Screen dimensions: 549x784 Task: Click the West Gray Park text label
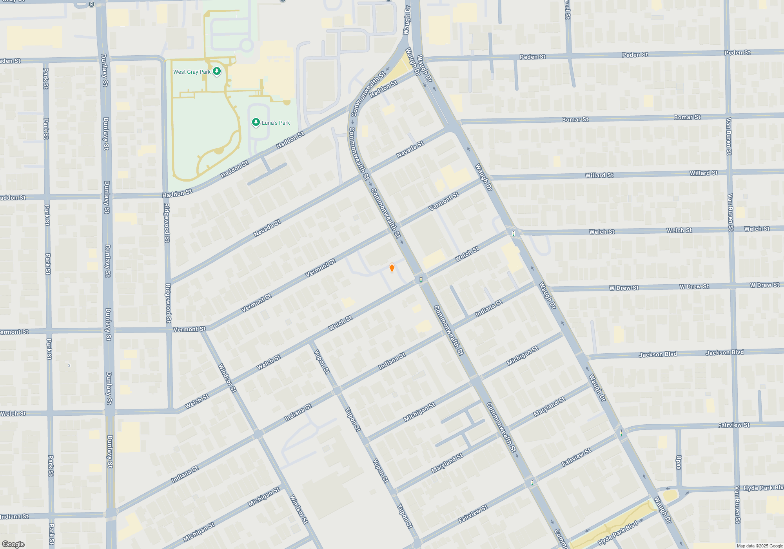tap(192, 72)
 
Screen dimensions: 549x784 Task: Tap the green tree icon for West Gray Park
tap(217, 71)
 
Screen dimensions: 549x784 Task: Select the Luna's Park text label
tap(276, 123)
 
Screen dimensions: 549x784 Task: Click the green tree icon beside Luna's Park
tap(256, 122)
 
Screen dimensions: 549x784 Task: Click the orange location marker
tap(392, 267)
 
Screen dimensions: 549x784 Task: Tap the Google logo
tap(13, 544)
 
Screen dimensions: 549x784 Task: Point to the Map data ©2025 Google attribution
tap(759, 546)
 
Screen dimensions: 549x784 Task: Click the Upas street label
tap(679, 462)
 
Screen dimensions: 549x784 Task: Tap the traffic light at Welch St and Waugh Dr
tap(513, 233)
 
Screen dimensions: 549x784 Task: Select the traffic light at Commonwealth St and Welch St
tap(421, 279)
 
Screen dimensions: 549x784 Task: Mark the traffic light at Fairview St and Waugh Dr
tap(621, 433)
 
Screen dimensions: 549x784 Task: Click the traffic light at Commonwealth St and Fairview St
tap(532, 482)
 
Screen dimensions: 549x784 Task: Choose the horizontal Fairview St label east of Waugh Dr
tap(733, 425)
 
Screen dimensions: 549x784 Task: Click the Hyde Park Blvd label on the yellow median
tap(618, 533)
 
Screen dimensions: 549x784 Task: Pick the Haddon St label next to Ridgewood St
tap(177, 193)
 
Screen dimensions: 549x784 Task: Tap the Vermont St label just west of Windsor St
tap(189, 329)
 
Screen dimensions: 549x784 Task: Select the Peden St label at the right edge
tap(737, 53)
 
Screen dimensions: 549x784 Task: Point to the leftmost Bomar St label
tap(575, 120)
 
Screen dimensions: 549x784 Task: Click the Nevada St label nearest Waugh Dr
tap(410, 149)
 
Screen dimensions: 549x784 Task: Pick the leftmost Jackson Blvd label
tap(658, 354)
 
